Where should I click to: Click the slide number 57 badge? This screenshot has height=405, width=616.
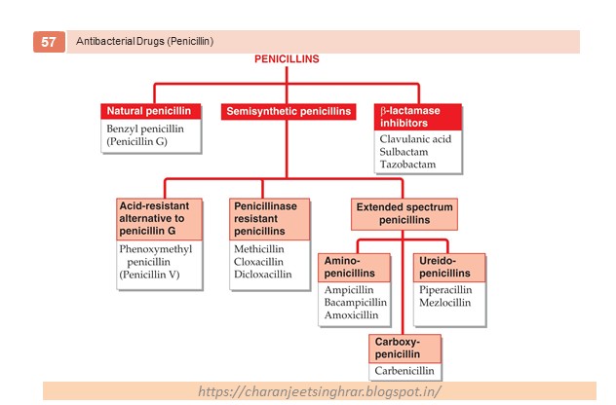click(48, 42)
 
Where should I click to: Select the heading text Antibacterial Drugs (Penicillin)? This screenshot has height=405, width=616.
click(145, 42)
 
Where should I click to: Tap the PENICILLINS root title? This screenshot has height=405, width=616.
click(287, 59)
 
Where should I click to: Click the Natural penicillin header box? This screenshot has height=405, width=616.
click(150, 111)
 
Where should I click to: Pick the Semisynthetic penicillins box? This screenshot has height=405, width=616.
click(289, 112)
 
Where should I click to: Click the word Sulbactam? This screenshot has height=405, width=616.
click(407, 153)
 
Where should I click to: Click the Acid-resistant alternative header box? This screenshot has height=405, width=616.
click(160, 219)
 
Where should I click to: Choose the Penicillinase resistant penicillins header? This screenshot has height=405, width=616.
click(270, 219)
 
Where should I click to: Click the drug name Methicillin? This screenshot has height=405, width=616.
click(259, 249)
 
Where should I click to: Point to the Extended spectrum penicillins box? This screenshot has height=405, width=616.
click(404, 212)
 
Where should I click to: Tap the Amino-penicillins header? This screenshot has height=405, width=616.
click(355, 269)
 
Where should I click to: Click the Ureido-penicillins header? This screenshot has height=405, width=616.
click(451, 269)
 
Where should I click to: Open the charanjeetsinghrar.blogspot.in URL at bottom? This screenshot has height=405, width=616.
click(319, 391)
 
